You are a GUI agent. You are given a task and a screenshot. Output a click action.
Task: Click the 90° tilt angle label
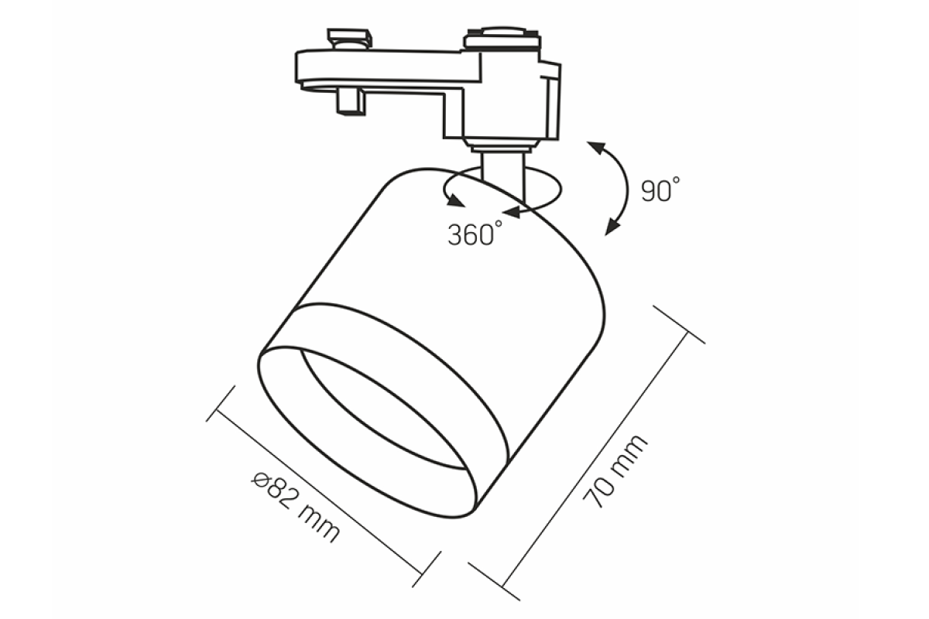click(x=660, y=190)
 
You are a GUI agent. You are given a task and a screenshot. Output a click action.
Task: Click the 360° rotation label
click(x=475, y=233)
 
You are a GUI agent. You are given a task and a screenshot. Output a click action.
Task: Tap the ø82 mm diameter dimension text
click(x=296, y=507)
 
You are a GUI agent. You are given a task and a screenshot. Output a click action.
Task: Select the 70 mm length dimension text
click(x=615, y=471)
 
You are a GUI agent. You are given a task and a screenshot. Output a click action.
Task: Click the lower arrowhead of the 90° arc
click(x=612, y=227)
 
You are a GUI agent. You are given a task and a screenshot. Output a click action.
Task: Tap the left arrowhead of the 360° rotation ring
click(x=456, y=201)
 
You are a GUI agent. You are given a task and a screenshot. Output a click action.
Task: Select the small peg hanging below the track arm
click(x=351, y=101)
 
